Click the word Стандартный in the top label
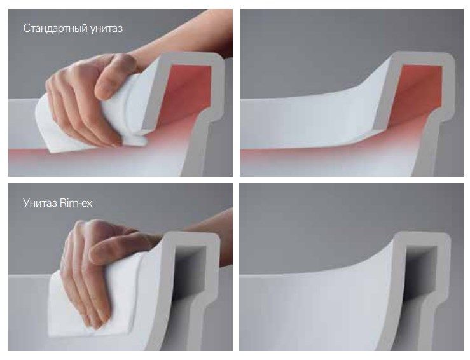pyautogui.click(x=55, y=29)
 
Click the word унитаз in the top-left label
pyautogui.click(x=106, y=29)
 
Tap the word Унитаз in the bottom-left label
pyautogui.click(x=40, y=204)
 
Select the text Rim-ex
pyautogui.click(x=76, y=203)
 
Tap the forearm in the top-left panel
pyautogui.click(x=186, y=42)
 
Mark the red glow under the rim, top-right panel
pyautogui.click(x=329, y=155)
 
